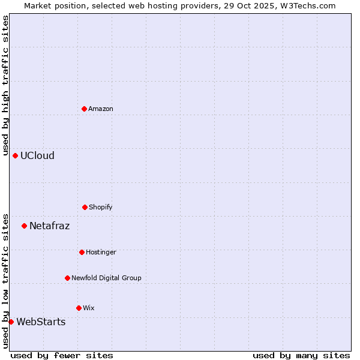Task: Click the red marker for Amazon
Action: pyautogui.click(x=84, y=109)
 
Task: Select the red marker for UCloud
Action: pyautogui.click(x=15, y=155)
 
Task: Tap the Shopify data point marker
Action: pyautogui.click(x=85, y=207)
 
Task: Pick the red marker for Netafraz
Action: pyautogui.click(x=24, y=226)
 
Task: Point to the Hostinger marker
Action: pyautogui.click(x=82, y=252)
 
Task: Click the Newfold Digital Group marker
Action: pyautogui.click(x=67, y=278)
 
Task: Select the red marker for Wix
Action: pyautogui.click(x=79, y=308)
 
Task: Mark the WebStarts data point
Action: pyautogui.click(x=11, y=322)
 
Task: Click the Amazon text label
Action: pyautogui.click(x=101, y=109)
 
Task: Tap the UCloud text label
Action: pyautogui.click(x=37, y=155)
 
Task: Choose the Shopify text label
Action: pyautogui.click(x=101, y=207)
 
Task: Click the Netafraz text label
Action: pyautogui.click(x=49, y=226)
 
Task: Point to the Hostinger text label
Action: pyautogui.click(x=101, y=252)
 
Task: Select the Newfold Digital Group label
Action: pyautogui.click(x=106, y=278)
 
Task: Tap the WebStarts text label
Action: pyautogui.click(x=41, y=322)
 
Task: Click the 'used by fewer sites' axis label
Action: pyautogui.click(x=62, y=355)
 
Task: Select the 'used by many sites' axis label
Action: pyautogui.click(x=301, y=355)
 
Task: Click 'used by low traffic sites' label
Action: pyautogui.click(x=5, y=280)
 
